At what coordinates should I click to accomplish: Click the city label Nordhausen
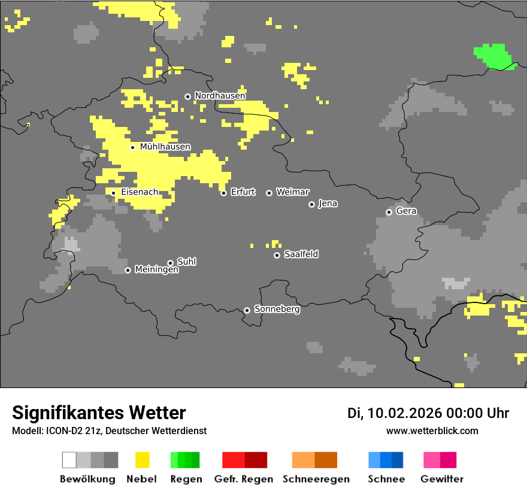(x=220, y=96)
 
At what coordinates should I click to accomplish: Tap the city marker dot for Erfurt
(x=223, y=193)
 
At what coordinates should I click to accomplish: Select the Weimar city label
(x=292, y=192)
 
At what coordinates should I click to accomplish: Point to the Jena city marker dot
(x=311, y=204)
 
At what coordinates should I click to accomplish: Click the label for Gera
(x=406, y=211)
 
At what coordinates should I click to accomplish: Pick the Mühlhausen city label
(x=165, y=147)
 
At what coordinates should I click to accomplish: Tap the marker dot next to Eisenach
(x=113, y=193)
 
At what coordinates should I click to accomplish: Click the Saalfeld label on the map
(x=301, y=254)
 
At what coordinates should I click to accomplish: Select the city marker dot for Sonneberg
(x=247, y=310)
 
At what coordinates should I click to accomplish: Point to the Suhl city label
(x=186, y=262)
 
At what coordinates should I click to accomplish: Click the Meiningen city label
(x=156, y=270)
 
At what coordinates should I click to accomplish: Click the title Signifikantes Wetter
(x=99, y=413)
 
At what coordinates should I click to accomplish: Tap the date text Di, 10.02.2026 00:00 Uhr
(x=428, y=413)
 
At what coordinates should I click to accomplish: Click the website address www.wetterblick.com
(x=432, y=431)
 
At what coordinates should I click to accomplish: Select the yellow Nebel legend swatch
(x=142, y=460)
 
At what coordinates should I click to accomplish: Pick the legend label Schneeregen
(x=316, y=479)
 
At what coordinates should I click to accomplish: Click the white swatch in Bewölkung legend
(x=69, y=460)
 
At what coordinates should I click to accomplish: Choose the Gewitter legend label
(x=441, y=479)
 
